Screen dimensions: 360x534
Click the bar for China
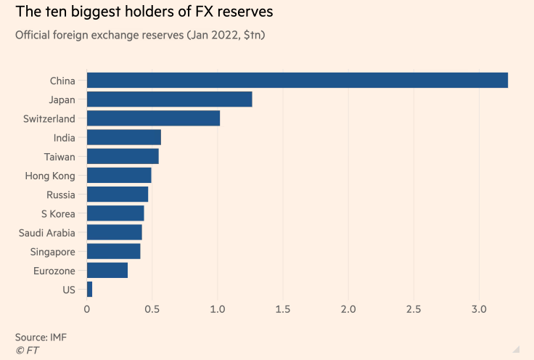[297, 81]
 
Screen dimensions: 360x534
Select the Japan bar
[170, 99]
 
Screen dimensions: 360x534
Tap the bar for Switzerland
[153, 118]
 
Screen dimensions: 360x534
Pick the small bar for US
[89, 290]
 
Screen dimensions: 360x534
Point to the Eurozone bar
[107, 271]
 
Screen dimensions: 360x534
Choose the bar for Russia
[118, 195]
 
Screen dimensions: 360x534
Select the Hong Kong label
[55, 175]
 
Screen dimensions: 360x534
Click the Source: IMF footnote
[41, 338]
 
